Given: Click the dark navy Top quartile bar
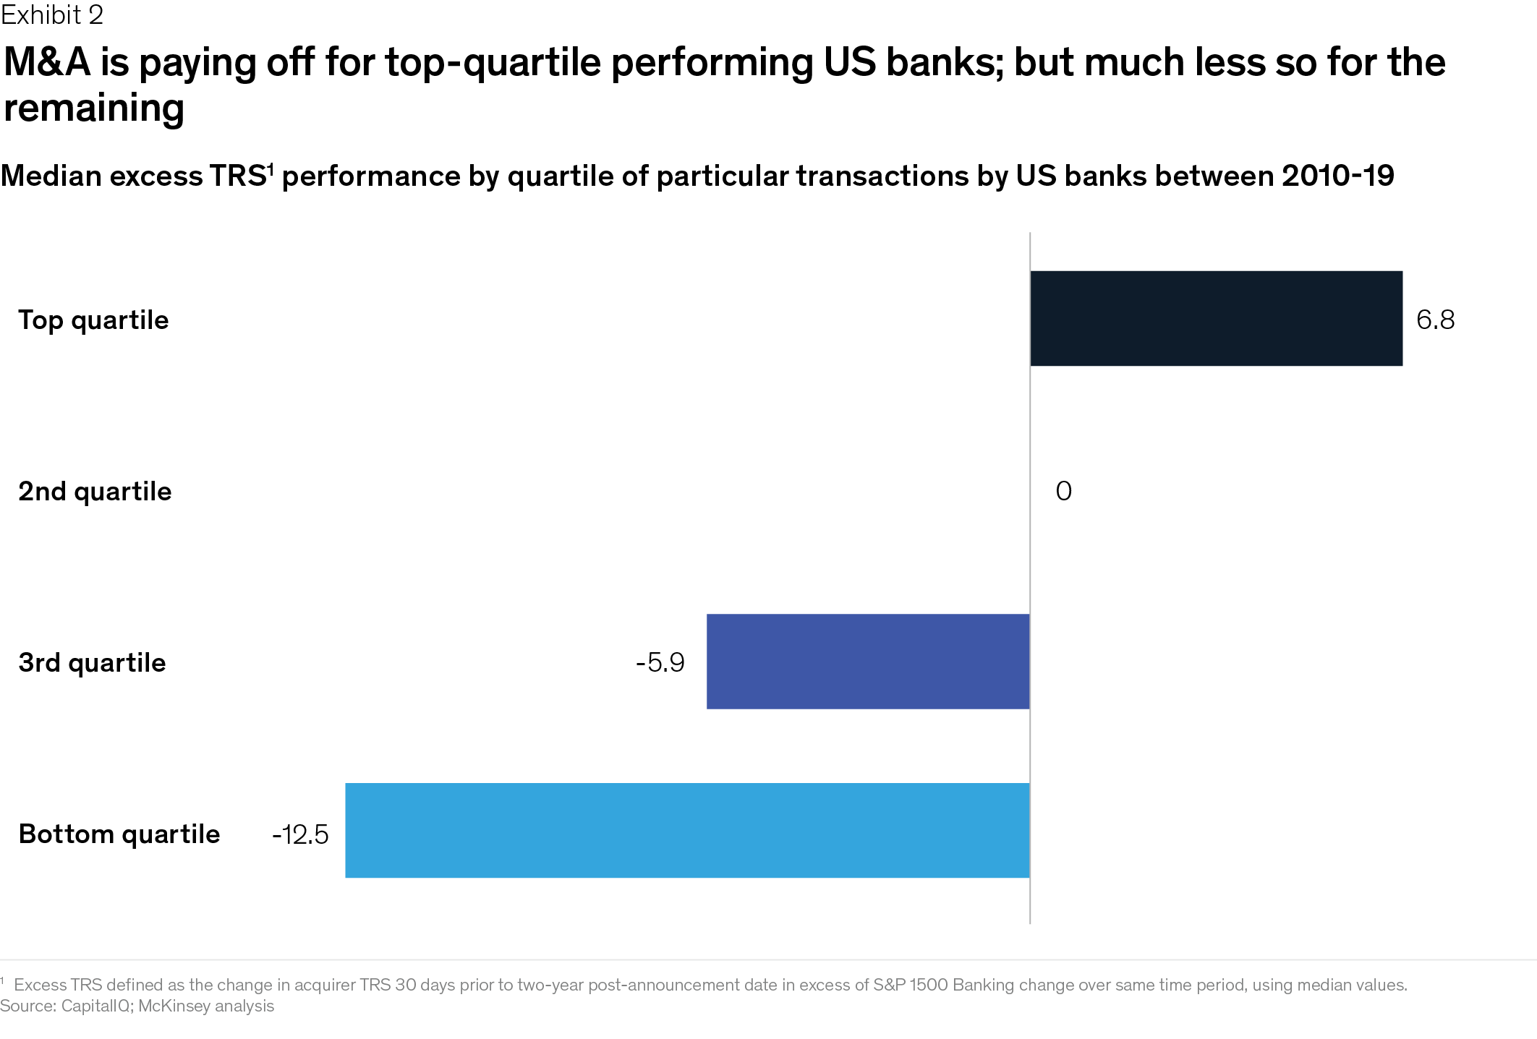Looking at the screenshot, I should (1216, 318).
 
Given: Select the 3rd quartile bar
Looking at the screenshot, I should (868, 662).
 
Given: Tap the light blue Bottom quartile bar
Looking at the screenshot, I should (687, 831).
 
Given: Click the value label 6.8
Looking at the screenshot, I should (1435, 320).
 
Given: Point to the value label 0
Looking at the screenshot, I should (1063, 492).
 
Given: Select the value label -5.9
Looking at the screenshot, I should (660, 662).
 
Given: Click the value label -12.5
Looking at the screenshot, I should (300, 834).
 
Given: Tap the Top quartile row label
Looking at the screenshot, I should (93, 320).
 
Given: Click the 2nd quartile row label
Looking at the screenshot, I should (95, 492).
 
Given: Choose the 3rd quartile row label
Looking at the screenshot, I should (92, 663).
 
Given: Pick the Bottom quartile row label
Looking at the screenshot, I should (119, 834).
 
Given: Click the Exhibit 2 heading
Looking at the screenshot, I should (52, 14).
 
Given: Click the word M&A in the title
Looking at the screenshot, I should (47, 62).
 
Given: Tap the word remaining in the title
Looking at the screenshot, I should (94, 108).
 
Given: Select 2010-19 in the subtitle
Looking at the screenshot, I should (1337, 176).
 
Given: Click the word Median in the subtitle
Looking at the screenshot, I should (51, 176).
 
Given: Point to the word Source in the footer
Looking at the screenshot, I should (27, 1006).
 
